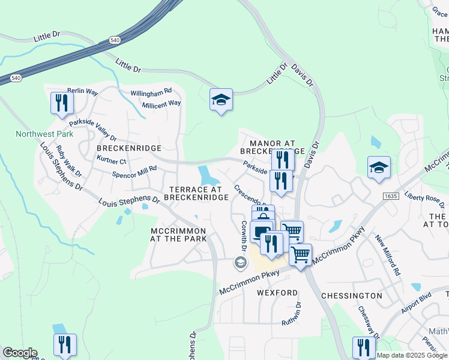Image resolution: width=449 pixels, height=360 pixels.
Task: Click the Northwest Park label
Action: pos(44,134)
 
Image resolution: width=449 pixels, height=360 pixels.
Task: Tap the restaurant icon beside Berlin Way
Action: pos(62,103)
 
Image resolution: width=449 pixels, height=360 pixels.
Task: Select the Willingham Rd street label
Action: pos(151,92)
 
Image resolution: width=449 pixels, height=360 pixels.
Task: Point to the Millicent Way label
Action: pos(161,104)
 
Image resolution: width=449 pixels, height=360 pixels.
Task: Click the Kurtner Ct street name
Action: pos(111,161)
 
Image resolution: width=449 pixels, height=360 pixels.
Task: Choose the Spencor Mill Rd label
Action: pos(134,172)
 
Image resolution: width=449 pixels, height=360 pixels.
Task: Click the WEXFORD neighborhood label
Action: pos(277,293)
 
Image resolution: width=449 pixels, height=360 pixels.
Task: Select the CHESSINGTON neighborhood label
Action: pos(351,296)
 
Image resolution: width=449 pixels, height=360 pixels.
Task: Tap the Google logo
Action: pos(20,353)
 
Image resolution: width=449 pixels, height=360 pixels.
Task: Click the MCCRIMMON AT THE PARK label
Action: pos(178,235)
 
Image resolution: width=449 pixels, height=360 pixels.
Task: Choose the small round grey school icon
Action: pos(240,262)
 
